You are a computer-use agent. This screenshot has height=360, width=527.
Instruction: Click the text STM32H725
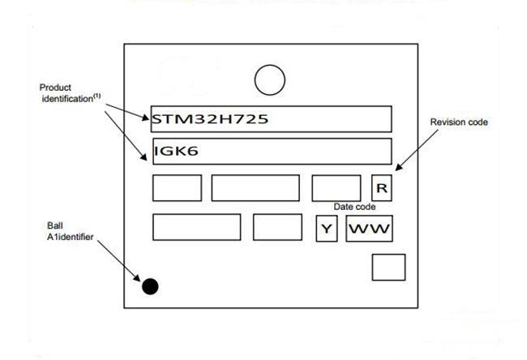coord(210,119)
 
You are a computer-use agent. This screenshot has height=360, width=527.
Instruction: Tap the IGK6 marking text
coord(176,151)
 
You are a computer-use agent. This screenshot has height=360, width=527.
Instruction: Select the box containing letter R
coord(382,188)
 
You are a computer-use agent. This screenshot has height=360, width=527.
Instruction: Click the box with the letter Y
coord(327,229)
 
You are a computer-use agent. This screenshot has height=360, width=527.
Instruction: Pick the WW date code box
coord(370,229)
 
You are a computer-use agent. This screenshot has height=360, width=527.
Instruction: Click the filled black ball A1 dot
coord(150,286)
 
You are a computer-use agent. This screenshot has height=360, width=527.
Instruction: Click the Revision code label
coord(459,122)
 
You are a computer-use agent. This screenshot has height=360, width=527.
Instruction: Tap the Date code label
coord(354,207)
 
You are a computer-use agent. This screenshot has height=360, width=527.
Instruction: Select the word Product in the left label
coord(55,88)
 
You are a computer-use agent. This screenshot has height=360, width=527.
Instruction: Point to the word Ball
coord(55,225)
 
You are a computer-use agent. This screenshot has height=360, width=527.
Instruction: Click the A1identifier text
coord(70,237)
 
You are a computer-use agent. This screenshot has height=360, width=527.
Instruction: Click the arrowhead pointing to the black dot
coord(137,278)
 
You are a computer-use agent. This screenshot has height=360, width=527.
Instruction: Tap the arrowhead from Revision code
coord(399,167)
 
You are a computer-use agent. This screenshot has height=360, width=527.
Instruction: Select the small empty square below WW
coord(388,268)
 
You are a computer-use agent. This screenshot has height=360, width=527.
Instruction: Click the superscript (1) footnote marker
coord(96,96)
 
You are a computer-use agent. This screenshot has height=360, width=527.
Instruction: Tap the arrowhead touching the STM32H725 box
coord(145,118)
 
